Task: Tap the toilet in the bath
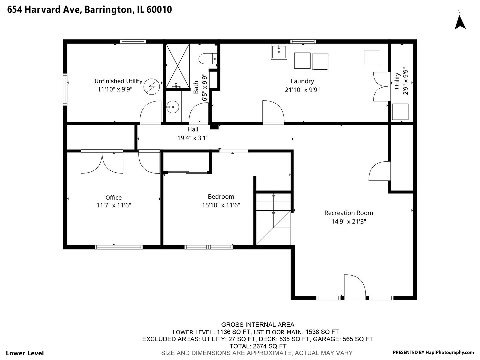point(208,59)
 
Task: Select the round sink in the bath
point(172,107)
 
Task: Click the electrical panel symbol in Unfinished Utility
point(152,87)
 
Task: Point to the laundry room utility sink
point(279,52)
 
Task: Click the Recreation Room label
point(349,213)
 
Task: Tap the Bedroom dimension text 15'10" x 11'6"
point(221,205)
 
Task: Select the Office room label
point(113,197)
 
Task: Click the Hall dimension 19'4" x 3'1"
point(193,138)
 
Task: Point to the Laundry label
point(302,81)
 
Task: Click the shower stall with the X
point(178,66)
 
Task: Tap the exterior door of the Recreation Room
point(355,286)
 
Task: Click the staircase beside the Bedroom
point(273,219)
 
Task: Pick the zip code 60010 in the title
point(159,10)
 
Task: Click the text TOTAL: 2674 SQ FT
point(258,346)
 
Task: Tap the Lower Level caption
point(25,353)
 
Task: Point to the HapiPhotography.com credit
point(450,353)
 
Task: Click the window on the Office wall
point(119,247)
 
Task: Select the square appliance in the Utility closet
point(400,112)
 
